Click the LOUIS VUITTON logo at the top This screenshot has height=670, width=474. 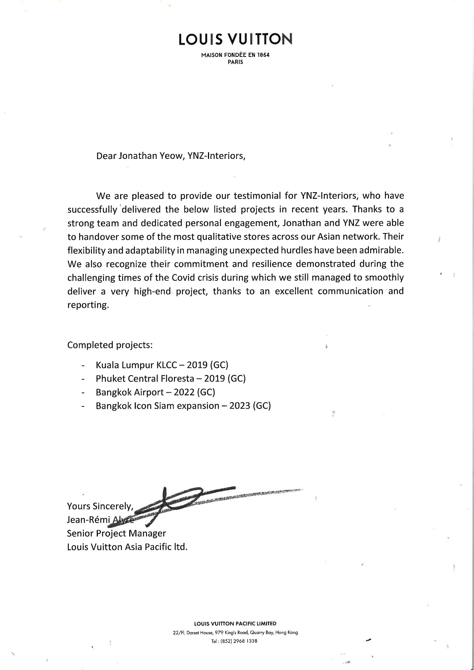tap(235, 39)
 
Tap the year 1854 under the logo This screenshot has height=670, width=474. tap(263, 55)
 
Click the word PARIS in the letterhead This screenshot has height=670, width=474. tap(235, 62)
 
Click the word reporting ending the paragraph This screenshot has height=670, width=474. tap(88, 305)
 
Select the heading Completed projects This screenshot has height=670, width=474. tap(110, 345)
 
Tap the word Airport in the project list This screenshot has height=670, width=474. tap(148, 392)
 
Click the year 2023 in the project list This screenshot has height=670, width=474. tap(240, 406)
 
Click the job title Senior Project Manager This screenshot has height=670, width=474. tap(117, 533)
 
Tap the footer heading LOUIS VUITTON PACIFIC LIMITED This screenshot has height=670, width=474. tap(235, 624)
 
